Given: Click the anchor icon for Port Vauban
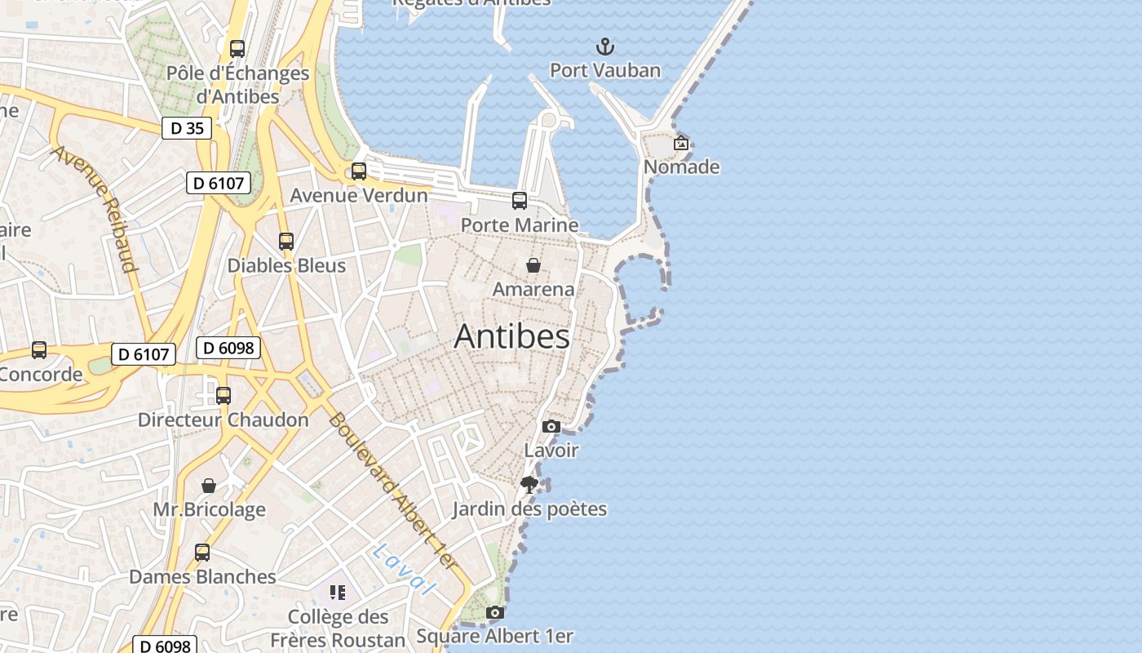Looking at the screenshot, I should coord(604,46).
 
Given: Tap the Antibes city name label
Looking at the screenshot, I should coord(511,336).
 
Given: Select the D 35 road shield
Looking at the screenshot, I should coord(186,128).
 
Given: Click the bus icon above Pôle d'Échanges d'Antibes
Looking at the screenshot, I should coord(237,49).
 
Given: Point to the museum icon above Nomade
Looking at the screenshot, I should coord(681,143).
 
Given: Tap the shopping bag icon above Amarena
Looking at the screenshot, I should coord(533,265).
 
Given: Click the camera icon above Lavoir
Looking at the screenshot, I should coord(551,426).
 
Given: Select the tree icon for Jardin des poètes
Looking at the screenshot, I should coord(529,485).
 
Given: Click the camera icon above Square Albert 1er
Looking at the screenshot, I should coord(494,612).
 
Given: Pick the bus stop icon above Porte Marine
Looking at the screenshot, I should coord(520,201).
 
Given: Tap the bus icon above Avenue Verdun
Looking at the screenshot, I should coord(359,171).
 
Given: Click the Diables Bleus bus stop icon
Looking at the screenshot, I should coord(286,242).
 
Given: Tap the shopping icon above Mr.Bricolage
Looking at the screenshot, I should coord(210,486).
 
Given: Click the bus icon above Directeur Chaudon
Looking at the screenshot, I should coord(224,396).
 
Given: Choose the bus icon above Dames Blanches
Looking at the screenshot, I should coord(202,553).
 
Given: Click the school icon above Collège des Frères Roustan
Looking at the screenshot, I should coord(338,592).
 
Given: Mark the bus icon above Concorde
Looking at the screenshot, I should coord(39,350).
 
